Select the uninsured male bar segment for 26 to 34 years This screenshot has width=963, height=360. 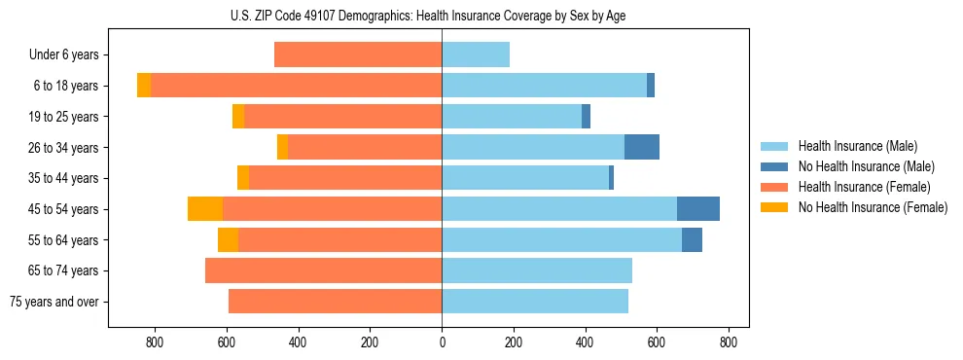642,147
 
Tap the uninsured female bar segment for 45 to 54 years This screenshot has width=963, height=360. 205,208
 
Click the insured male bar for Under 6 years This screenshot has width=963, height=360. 476,54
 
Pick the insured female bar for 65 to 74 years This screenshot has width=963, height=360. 324,270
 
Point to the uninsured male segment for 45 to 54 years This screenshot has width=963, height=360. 698,208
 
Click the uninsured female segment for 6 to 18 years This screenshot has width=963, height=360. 144,86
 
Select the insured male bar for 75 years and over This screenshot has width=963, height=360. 535,302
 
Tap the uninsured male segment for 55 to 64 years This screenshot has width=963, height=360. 692,239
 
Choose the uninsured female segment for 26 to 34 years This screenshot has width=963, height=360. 282,147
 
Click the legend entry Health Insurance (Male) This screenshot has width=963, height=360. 857,146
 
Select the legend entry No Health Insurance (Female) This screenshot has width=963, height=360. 873,207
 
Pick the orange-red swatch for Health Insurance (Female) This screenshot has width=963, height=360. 774,187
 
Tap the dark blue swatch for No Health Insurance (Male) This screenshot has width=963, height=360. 774,166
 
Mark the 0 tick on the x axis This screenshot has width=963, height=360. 442,342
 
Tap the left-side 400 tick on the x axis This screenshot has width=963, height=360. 299,342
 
